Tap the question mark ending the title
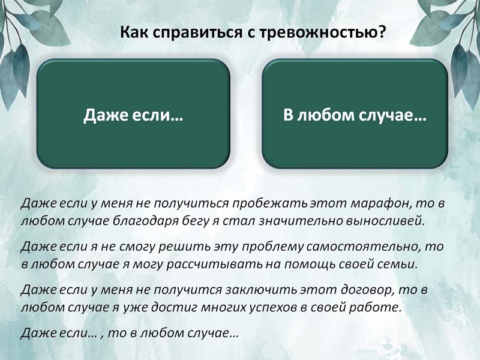380,31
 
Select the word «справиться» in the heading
197,32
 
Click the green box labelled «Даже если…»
133,113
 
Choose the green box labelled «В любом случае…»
355,113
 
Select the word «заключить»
262,289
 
